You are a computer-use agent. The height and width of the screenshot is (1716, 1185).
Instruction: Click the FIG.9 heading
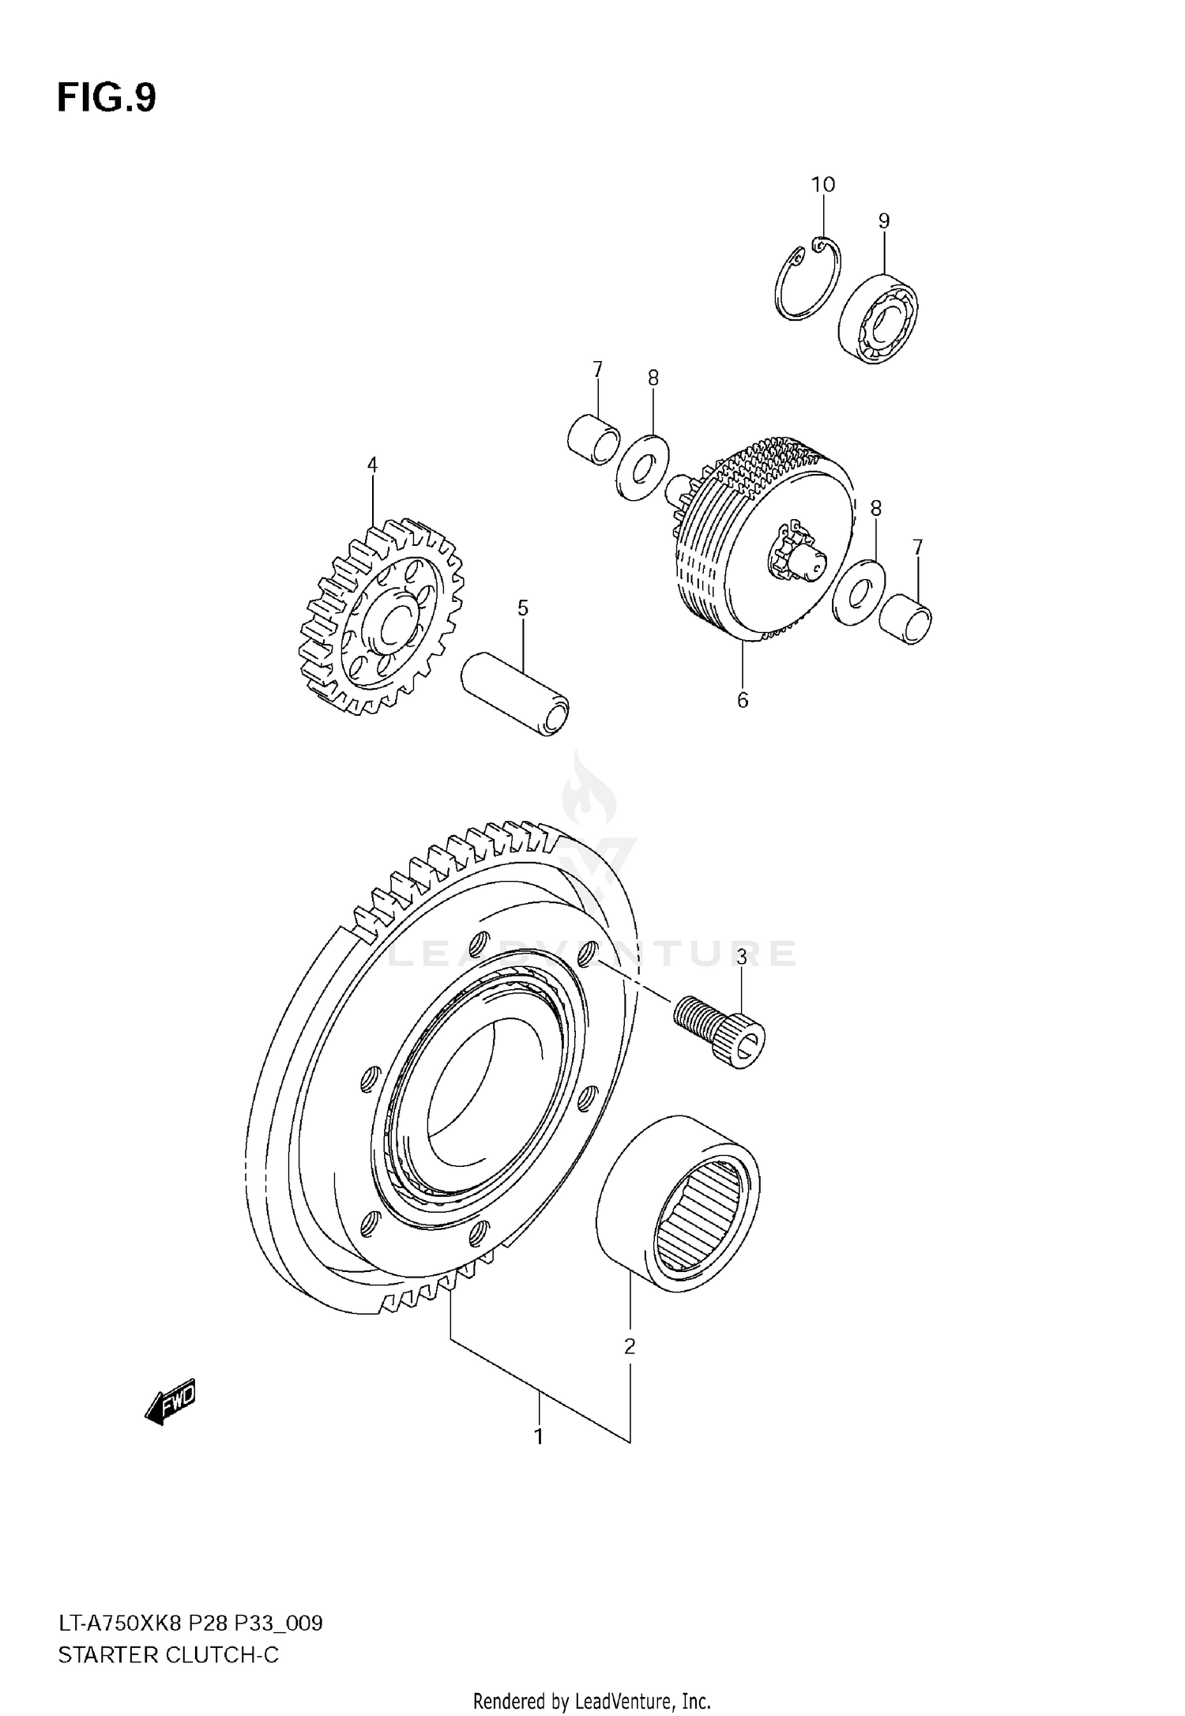click(x=107, y=99)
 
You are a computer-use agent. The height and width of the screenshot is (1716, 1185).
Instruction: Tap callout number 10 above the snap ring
click(x=822, y=185)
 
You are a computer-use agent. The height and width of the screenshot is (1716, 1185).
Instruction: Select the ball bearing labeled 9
click(x=878, y=318)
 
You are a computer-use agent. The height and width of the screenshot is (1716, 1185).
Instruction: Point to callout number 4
click(x=372, y=465)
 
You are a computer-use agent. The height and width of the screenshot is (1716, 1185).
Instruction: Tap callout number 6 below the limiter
click(x=742, y=700)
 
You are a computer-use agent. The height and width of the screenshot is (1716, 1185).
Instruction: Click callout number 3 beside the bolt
click(x=741, y=958)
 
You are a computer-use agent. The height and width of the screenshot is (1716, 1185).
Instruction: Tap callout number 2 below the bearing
click(x=629, y=1346)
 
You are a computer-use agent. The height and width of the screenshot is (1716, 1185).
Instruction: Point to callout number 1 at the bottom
click(x=539, y=1436)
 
